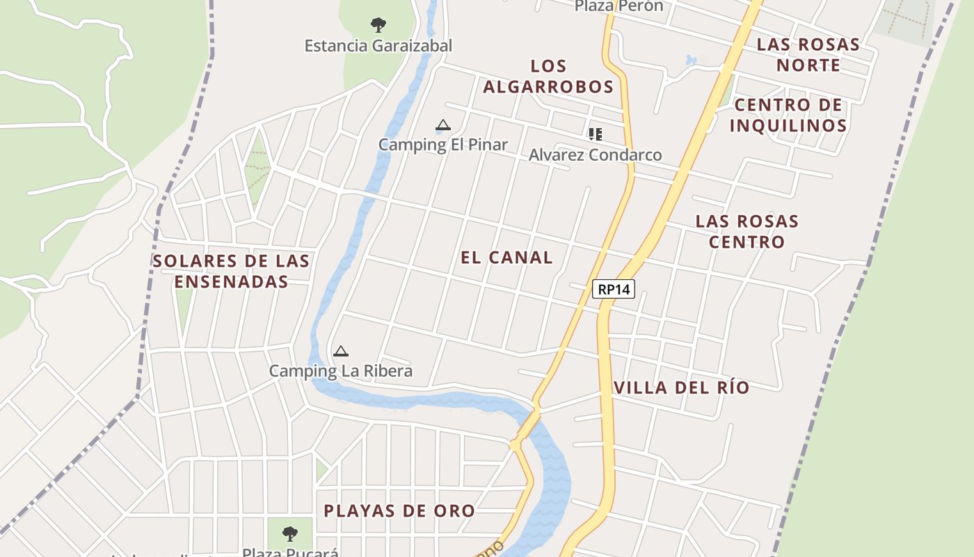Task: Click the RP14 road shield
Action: click(x=614, y=288)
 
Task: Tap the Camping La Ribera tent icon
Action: click(x=341, y=352)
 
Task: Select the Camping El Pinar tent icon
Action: click(x=442, y=126)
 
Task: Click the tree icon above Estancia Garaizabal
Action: click(x=378, y=26)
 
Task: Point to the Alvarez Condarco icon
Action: click(x=595, y=134)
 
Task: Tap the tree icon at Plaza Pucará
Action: click(x=290, y=534)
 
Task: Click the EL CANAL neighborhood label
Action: click(x=506, y=258)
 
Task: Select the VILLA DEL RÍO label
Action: click(x=681, y=388)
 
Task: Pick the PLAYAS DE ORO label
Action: click(x=399, y=511)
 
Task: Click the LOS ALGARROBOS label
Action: click(x=548, y=77)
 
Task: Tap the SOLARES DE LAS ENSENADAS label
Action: click(x=231, y=272)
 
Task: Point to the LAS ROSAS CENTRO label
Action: click(x=747, y=232)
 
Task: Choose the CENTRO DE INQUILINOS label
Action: click(x=788, y=116)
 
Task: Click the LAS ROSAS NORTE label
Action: click(x=808, y=55)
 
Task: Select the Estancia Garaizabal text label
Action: click(x=378, y=46)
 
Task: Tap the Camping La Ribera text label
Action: click(x=341, y=371)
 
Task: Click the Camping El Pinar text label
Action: click(x=443, y=145)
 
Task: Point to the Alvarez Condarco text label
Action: click(x=595, y=155)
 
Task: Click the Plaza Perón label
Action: click(x=618, y=6)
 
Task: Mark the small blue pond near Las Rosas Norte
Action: click(x=691, y=60)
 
